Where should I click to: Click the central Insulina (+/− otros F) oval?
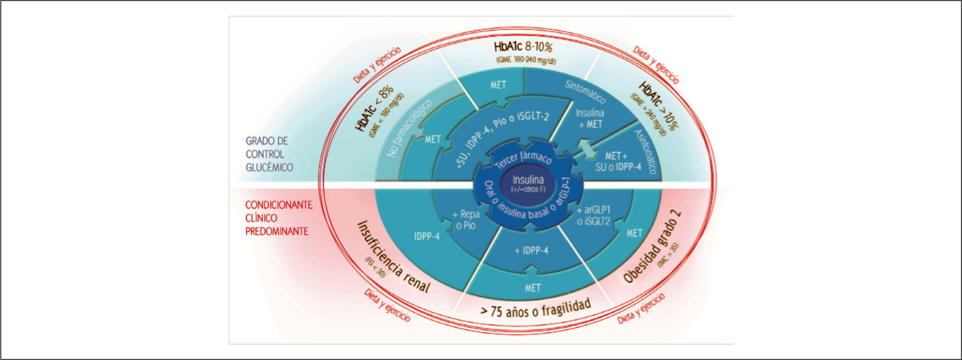pyautogui.click(x=528, y=184)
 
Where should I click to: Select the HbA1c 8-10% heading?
pyautogui.click(x=523, y=47)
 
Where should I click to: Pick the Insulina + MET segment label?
pyautogui.click(x=589, y=119)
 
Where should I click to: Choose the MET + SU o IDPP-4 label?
pyautogui.click(x=618, y=161)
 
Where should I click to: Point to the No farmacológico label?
pyautogui.click(x=409, y=128)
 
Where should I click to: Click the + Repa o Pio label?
pyautogui.click(x=466, y=220)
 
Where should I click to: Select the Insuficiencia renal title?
pyautogui.click(x=394, y=257)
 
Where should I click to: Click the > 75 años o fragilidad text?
pyautogui.click(x=535, y=308)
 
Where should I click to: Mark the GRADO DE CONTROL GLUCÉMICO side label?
pyautogui.click(x=269, y=154)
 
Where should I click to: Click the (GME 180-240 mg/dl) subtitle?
pyautogui.click(x=525, y=60)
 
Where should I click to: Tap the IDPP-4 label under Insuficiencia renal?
pyautogui.click(x=427, y=236)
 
